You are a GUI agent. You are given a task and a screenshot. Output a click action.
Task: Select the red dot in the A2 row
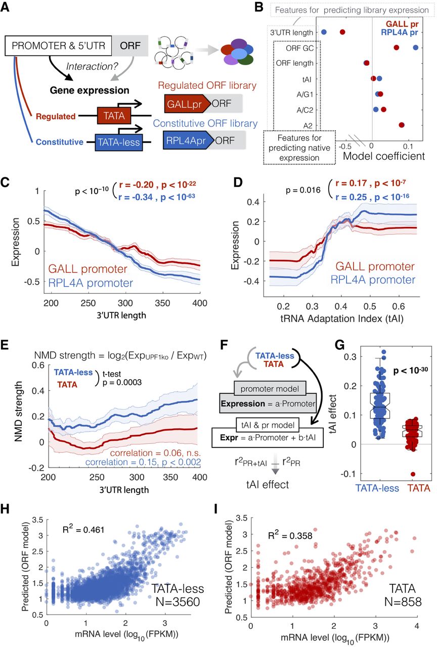point(402,125)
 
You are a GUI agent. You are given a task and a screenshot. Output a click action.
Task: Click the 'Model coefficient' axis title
point(384,156)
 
